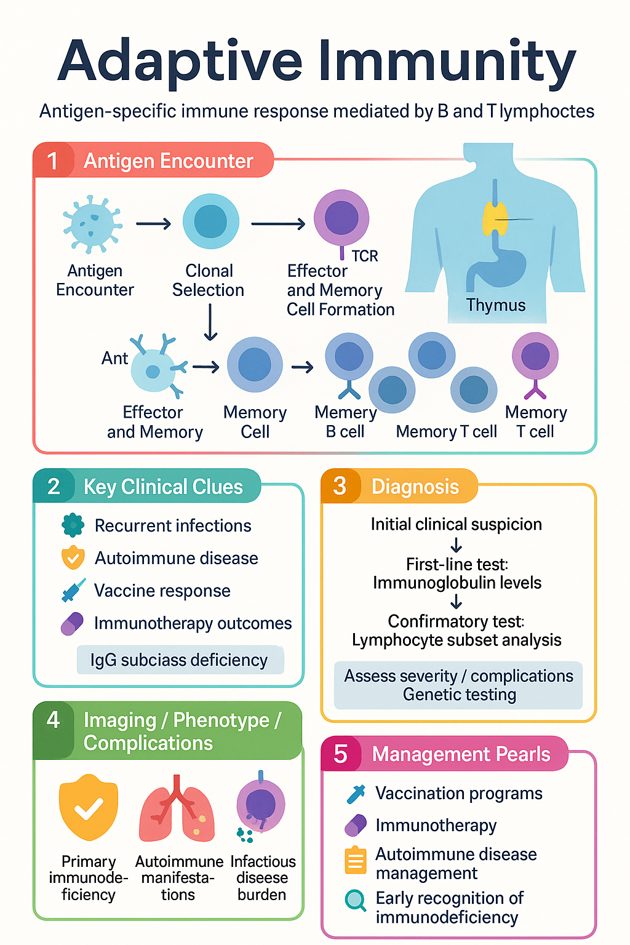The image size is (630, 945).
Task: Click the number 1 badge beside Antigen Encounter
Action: [53, 161]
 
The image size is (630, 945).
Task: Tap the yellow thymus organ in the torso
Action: [495, 218]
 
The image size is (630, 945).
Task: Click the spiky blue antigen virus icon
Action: [92, 223]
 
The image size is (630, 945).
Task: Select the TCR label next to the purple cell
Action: [365, 256]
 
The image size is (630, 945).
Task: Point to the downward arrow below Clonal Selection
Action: [210, 322]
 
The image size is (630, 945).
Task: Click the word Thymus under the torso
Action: [496, 305]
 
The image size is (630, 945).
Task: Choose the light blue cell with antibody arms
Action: [157, 367]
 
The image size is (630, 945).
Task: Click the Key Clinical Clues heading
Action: [163, 487]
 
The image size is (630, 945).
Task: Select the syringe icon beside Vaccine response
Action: [73, 590]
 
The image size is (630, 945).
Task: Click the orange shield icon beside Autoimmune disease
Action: [73, 557]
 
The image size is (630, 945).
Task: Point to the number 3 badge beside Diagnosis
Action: [340, 486]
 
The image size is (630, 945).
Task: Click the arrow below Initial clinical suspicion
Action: [456, 544]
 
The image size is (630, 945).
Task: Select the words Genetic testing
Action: [460, 695]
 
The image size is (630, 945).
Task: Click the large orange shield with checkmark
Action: [88, 807]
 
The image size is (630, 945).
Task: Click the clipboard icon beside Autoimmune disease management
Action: [356, 859]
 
